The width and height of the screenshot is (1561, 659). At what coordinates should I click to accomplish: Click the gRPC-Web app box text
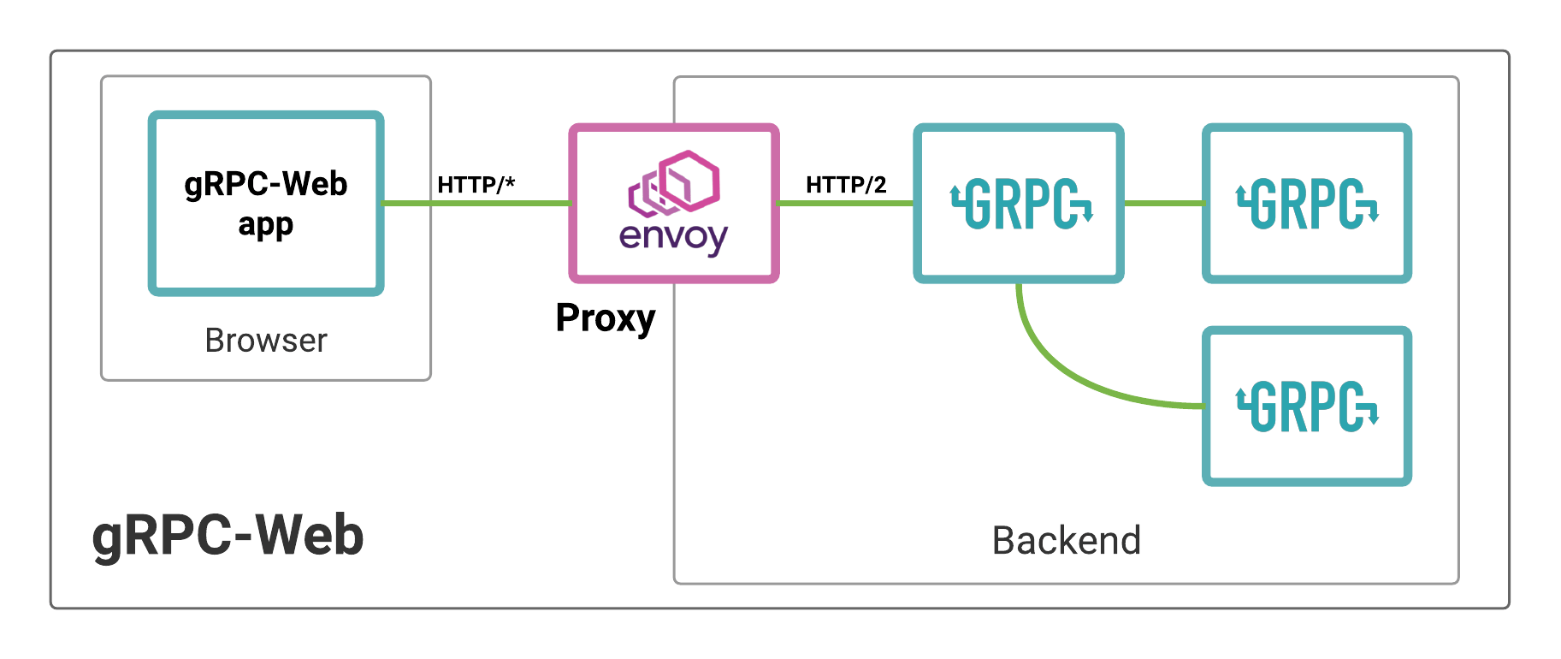266,203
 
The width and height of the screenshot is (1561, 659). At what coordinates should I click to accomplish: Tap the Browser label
266,341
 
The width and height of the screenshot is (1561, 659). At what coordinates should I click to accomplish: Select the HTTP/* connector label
476,185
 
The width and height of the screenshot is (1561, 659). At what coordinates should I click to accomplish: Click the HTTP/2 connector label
846,185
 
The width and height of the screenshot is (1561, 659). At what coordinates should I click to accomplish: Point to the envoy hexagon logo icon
674,183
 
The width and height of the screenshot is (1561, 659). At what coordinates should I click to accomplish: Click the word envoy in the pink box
673,237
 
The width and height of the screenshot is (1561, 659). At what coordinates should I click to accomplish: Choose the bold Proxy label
605,318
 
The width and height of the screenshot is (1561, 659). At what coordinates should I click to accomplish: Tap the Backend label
1066,541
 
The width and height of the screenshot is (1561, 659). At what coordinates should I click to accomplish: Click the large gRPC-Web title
228,536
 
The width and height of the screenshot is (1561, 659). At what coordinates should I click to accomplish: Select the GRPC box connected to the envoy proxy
1019,204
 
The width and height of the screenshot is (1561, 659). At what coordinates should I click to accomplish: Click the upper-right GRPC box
1306,204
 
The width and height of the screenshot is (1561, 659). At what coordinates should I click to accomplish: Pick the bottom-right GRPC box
1306,407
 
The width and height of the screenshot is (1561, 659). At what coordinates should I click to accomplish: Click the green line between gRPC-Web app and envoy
476,204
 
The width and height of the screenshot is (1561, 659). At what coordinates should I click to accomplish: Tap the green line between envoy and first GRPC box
846,204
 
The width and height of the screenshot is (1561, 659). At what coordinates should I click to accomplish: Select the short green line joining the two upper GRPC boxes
1163,204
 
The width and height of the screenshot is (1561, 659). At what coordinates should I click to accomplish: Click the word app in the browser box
266,225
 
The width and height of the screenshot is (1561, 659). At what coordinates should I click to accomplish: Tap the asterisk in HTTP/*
510,181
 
